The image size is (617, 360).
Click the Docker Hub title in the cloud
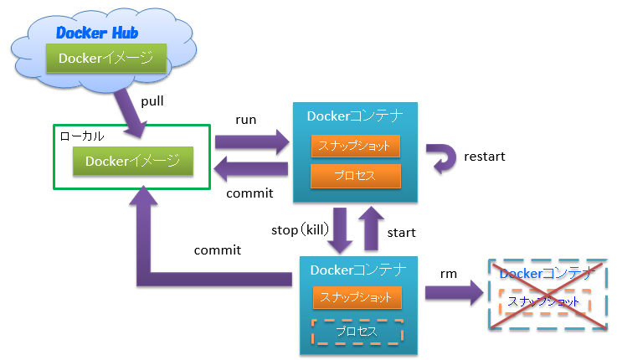tap(96, 33)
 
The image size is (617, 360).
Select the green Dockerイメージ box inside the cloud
tap(105, 58)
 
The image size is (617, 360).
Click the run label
tap(246, 120)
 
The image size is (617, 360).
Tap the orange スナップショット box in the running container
tap(356, 146)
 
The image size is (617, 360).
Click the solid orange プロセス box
tap(356, 176)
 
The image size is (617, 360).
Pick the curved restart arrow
tap(441, 158)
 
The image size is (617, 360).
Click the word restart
tap(484, 157)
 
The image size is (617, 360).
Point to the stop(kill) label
tap(298, 229)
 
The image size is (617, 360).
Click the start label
tap(403, 232)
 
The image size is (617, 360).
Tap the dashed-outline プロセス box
tap(357, 332)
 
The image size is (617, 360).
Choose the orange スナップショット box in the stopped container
tap(357, 297)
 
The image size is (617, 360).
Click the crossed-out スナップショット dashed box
tap(545, 301)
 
